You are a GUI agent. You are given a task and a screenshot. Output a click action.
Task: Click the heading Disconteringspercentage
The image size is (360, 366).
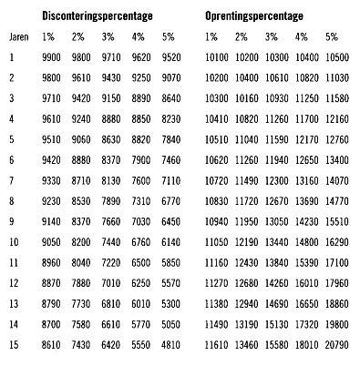pos(98,16)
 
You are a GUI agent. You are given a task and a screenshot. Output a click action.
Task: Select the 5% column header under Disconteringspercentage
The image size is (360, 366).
pos(169,37)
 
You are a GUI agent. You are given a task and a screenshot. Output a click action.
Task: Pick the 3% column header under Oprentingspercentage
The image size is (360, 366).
pos(272,37)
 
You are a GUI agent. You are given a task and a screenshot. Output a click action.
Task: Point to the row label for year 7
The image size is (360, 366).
pos(13,180)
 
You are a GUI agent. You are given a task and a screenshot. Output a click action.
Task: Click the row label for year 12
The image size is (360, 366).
pos(15,282)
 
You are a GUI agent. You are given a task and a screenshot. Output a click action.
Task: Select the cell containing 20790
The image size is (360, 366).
pos(334,344)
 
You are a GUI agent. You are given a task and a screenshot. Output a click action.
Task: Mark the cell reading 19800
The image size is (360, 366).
pos(334,323)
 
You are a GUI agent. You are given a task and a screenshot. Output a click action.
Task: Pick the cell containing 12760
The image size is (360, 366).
pos(334,139)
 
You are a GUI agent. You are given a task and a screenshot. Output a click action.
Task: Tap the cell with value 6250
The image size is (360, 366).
pos(140,282)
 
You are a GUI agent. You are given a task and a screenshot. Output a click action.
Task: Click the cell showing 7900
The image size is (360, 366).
pos(140,159)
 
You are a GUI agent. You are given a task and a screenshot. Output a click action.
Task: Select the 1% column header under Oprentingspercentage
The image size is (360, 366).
pos(210,37)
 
